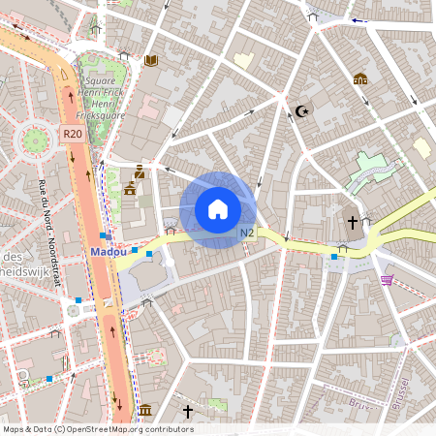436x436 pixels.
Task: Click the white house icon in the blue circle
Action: coord(218,209)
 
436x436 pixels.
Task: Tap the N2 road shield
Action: coord(247,233)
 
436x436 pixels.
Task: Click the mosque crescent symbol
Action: coord(301,111)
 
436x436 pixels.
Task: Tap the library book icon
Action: coord(150,60)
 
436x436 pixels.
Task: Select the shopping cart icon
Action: coord(387,280)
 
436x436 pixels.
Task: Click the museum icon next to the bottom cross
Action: coord(145,412)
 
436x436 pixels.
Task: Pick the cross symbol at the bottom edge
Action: coord(187,412)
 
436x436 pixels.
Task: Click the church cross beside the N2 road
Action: coord(353,223)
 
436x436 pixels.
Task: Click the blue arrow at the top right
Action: coord(359,19)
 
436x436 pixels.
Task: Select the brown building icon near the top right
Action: coord(360,78)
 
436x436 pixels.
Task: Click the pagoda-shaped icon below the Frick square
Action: coord(130,188)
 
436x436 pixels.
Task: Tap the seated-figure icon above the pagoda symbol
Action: coord(139,171)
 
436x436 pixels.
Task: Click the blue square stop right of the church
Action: coord(334,256)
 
